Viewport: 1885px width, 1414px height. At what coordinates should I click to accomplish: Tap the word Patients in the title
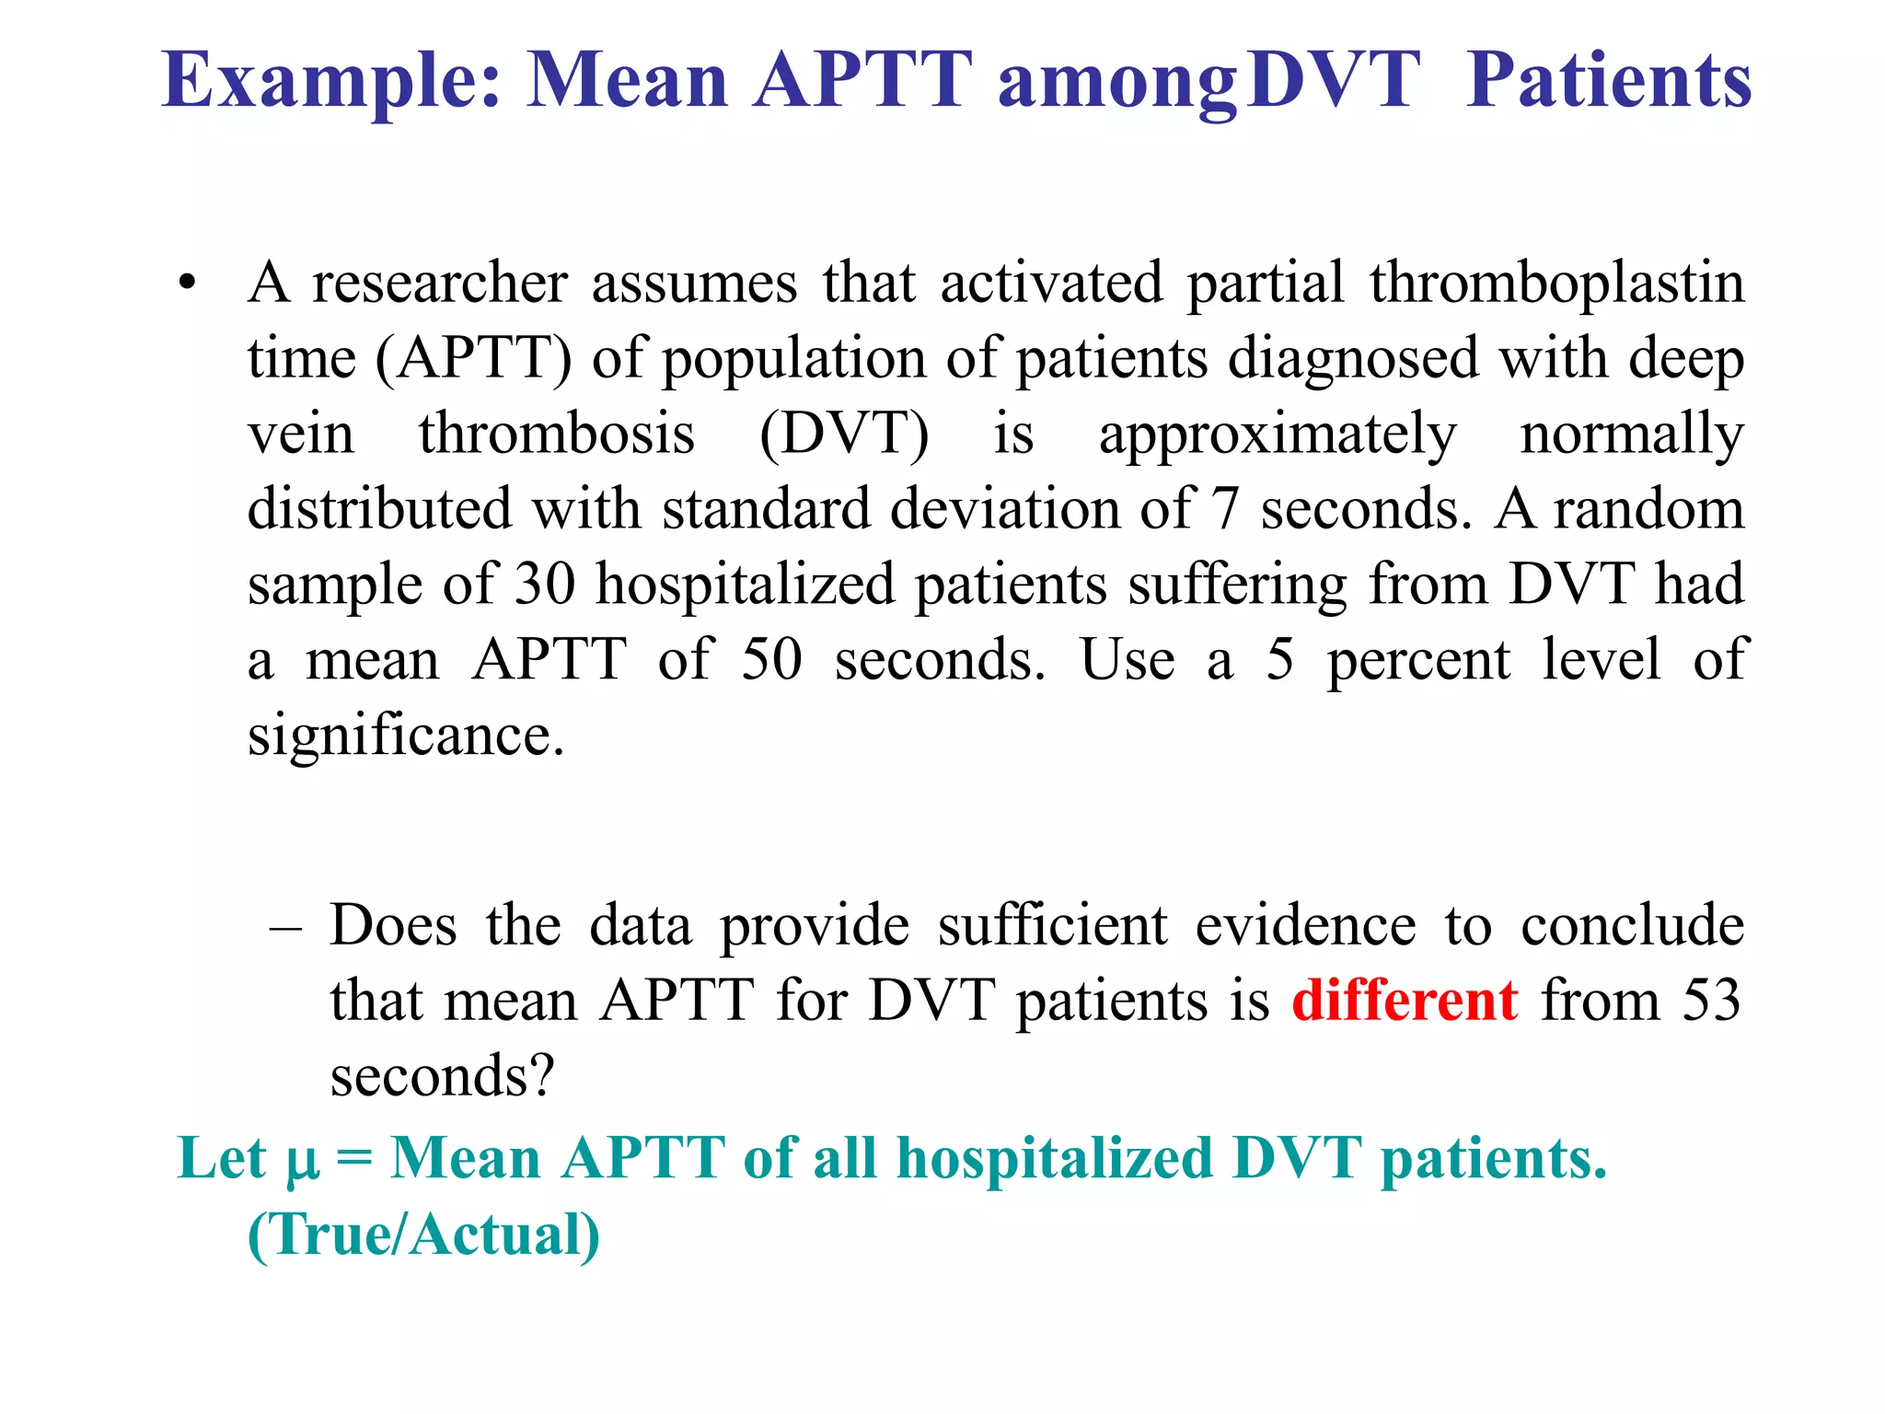tap(1608, 81)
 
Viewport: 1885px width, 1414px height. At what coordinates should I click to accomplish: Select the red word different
tap(1405, 1001)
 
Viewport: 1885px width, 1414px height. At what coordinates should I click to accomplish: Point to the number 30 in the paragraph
tap(545, 585)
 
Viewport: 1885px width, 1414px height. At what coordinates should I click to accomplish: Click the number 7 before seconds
tap(1225, 509)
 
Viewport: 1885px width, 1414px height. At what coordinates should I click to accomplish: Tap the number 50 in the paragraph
tap(771, 660)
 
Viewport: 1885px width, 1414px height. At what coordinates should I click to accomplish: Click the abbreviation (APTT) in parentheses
tap(473, 358)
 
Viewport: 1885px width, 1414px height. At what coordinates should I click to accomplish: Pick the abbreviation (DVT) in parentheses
tap(844, 434)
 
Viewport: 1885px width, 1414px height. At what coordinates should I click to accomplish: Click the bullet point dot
tap(188, 284)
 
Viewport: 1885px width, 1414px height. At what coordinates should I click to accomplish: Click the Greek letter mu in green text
tap(303, 1161)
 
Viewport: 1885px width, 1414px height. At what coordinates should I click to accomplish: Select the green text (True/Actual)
tap(423, 1234)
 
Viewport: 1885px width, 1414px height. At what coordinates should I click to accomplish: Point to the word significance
tap(405, 736)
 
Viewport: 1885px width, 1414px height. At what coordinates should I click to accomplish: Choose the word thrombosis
tap(557, 434)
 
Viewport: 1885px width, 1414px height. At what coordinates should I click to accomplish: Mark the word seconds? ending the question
tap(443, 1076)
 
